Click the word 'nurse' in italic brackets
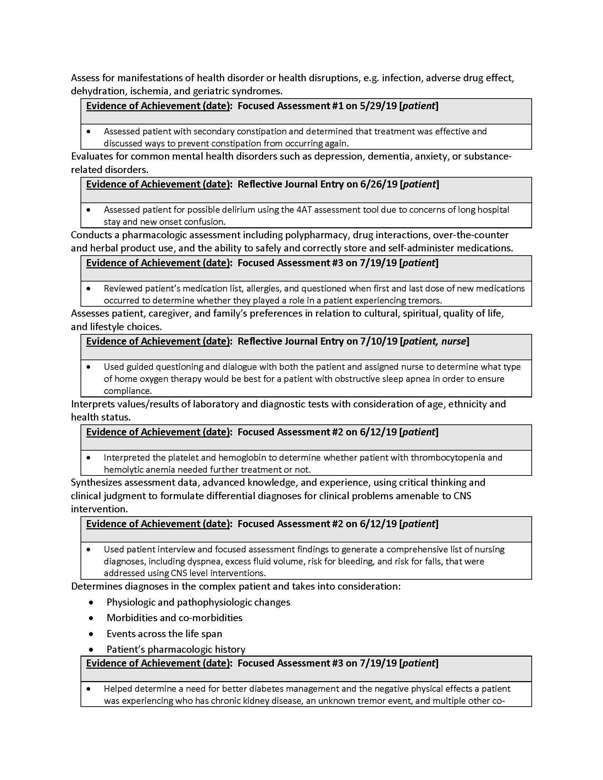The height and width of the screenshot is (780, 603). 454,341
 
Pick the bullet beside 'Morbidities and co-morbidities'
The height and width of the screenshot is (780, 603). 92,618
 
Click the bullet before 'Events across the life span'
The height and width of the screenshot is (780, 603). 92,634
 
